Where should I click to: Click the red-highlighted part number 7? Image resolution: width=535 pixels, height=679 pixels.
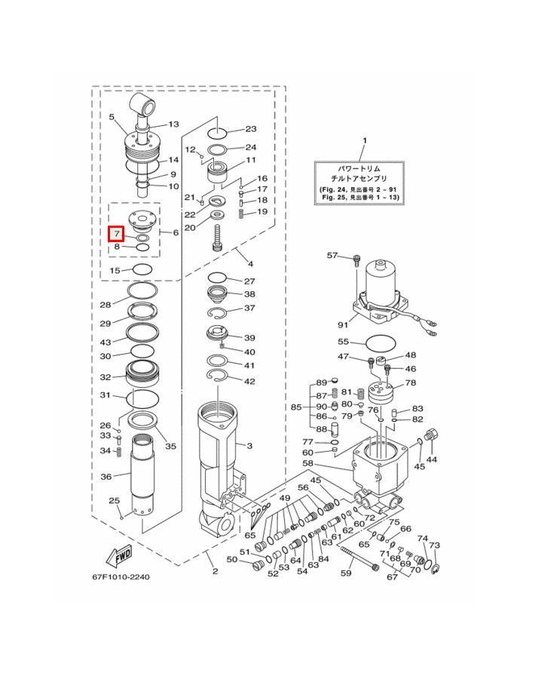tap(116, 235)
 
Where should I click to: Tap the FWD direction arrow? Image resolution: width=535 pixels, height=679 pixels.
tap(119, 556)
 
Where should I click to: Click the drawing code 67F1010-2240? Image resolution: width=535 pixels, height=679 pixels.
tap(121, 577)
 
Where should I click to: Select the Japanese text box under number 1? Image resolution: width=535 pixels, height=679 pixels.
tap(359, 183)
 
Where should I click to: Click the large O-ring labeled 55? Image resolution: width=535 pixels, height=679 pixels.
tap(381, 344)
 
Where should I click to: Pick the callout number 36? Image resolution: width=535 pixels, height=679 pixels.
tap(106, 477)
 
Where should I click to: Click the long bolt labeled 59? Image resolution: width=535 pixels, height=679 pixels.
tap(359, 558)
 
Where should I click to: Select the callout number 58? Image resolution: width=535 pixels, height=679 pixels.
tap(307, 464)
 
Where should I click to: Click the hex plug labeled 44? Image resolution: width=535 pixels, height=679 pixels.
tap(432, 435)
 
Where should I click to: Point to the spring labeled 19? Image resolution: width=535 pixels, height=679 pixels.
tap(242, 214)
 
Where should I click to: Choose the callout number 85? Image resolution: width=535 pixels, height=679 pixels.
tap(296, 407)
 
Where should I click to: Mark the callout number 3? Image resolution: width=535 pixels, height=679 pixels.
tap(249, 446)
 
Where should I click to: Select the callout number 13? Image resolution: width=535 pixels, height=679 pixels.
tap(173, 124)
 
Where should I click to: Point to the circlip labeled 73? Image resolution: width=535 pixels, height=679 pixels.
tap(436, 568)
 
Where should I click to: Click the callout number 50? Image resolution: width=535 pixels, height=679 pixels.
tap(232, 560)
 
